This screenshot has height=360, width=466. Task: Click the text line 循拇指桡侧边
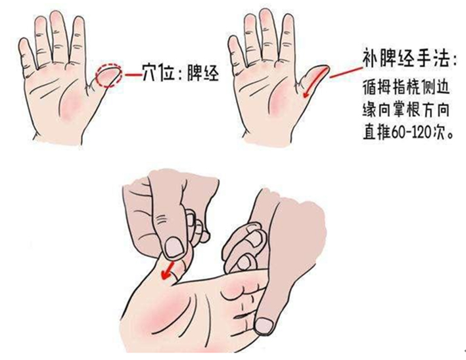pyautogui.click(x=406, y=87)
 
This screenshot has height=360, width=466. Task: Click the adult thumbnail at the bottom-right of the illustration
pyautogui.click(x=265, y=324)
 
